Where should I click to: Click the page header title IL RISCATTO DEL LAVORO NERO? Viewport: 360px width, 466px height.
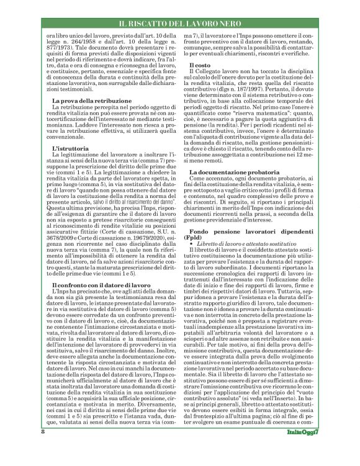tap(179, 23)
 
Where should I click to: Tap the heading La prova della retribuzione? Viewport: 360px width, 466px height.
tap(91, 101)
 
